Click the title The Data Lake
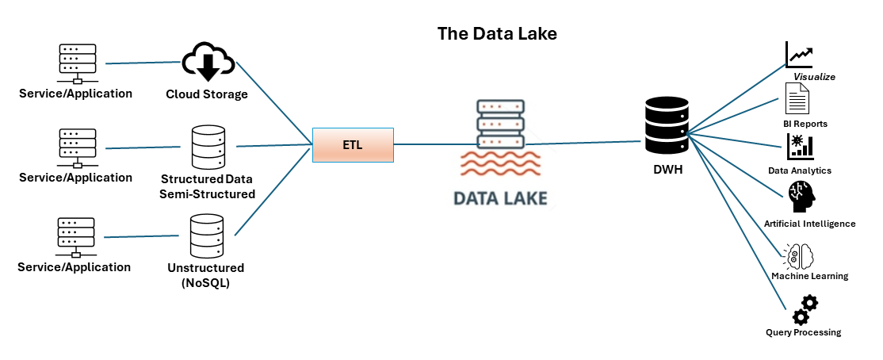click(x=497, y=34)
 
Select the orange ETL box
click(x=353, y=145)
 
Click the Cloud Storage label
click(x=207, y=94)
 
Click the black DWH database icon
click(x=665, y=126)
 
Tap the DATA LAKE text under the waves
click(x=500, y=197)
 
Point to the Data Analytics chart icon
click(x=800, y=147)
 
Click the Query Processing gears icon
click(x=805, y=308)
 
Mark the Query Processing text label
click(x=803, y=332)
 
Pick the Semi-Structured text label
click(x=208, y=193)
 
